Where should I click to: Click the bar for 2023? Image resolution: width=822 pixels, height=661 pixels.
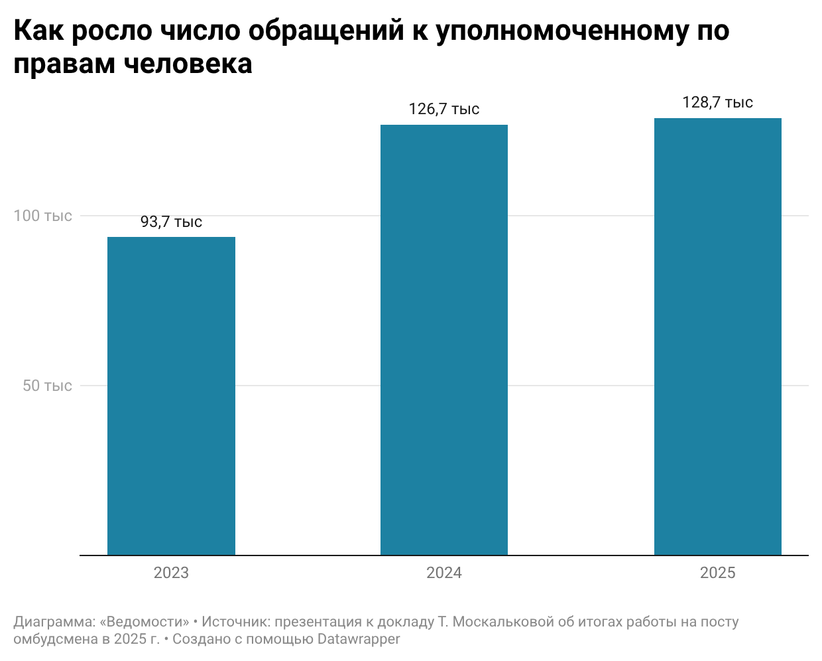(x=171, y=396)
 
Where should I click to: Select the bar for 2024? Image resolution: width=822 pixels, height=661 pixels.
(x=444, y=340)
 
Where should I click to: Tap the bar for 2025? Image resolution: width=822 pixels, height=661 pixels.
(x=718, y=336)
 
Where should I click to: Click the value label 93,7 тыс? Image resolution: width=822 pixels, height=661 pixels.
(x=171, y=222)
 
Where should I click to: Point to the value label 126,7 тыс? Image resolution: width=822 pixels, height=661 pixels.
(x=444, y=109)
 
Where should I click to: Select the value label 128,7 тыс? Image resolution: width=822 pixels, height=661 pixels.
(x=718, y=102)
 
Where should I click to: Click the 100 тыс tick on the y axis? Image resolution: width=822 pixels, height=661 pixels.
(x=43, y=216)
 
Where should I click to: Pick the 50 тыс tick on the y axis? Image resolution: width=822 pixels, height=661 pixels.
(x=47, y=386)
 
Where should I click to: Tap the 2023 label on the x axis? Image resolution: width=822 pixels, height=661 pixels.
(x=171, y=573)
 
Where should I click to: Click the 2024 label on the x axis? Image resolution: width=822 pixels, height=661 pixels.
(x=444, y=573)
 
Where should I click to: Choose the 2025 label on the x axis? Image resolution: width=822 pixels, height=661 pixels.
(x=718, y=573)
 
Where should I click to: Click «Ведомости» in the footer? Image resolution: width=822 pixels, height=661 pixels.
(x=145, y=622)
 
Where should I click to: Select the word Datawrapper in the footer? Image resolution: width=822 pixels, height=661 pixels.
(x=359, y=639)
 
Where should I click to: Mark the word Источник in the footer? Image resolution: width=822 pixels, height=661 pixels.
(x=236, y=622)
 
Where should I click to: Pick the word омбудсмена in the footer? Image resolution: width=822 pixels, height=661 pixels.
(x=55, y=639)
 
